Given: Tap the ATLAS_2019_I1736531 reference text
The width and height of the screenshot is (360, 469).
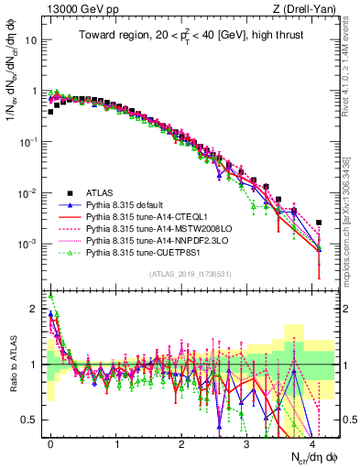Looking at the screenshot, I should pos(187,274).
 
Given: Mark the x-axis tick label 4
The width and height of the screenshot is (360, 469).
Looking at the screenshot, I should pos(312,442).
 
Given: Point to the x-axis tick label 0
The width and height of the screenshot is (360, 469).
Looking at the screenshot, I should pos(50,442).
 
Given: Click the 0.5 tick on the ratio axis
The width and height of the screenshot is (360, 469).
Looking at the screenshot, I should pos(30,420).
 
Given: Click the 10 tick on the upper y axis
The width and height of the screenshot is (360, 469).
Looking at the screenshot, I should pos(29,41).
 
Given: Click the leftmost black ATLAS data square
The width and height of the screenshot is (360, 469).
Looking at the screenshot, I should pos(50,112).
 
